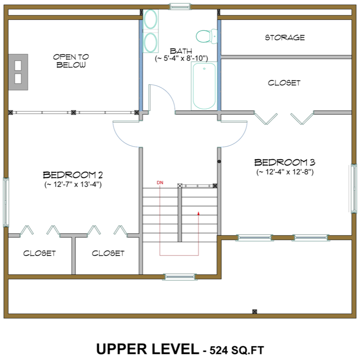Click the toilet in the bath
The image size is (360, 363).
pyautogui.click(x=206, y=34)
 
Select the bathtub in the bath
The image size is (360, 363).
pyautogui.click(x=204, y=86)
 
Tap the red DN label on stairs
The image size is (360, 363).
pyautogui.click(x=160, y=182)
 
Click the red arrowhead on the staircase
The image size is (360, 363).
pyautogui.click(x=198, y=212)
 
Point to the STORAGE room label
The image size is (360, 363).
pyautogui.click(x=285, y=38)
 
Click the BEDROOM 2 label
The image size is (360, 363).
pyautogui.click(x=73, y=175)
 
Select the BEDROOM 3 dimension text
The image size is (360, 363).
pyautogui.click(x=285, y=172)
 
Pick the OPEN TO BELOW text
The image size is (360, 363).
pyautogui.click(x=71, y=61)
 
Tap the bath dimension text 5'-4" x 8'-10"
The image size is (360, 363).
pyautogui.click(x=181, y=59)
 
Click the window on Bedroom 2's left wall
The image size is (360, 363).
pyautogui.click(x=6, y=202)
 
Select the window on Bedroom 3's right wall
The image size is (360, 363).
pyautogui.click(x=352, y=188)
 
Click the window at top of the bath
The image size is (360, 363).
pyautogui.click(x=180, y=6)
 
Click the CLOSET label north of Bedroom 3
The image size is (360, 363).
pyautogui.click(x=284, y=83)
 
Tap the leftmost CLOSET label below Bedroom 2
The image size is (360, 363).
pyautogui.click(x=39, y=253)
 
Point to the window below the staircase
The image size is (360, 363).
pyautogui.click(x=180, y=276)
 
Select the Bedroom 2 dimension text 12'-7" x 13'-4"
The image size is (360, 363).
pyautogui.click(x=73, y=185)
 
